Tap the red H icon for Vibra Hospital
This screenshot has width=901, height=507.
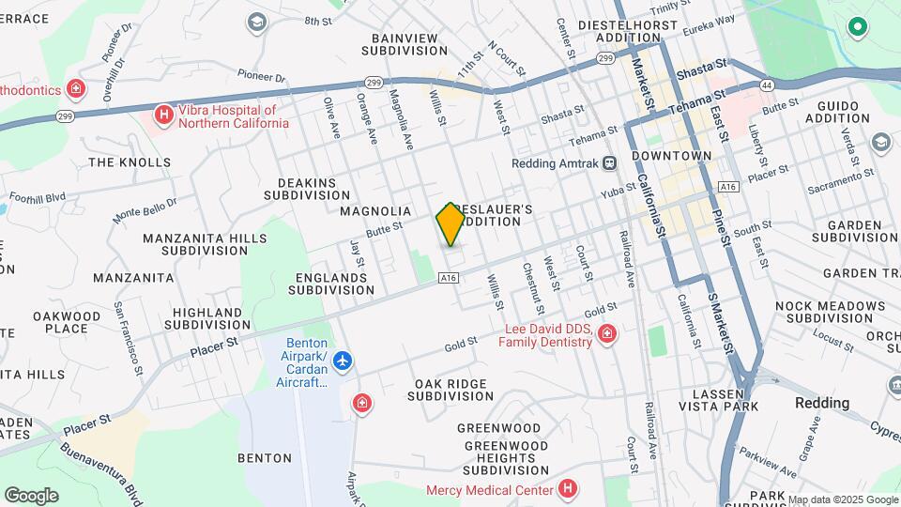(x=163, y=115)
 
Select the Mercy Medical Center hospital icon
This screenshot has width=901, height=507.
(x=567, y=488)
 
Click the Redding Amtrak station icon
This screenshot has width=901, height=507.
(x=610, y=162)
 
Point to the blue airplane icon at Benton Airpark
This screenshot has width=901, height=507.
(x=344, y=361)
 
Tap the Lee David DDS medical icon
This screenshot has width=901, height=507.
(x=608, y=334)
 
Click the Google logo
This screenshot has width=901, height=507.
(x=31, y=496)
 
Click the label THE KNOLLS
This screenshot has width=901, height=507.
(x=130, y=161)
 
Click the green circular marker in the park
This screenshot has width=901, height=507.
(x=856, y=27)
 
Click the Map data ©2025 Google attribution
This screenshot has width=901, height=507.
(x=842, y=499)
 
